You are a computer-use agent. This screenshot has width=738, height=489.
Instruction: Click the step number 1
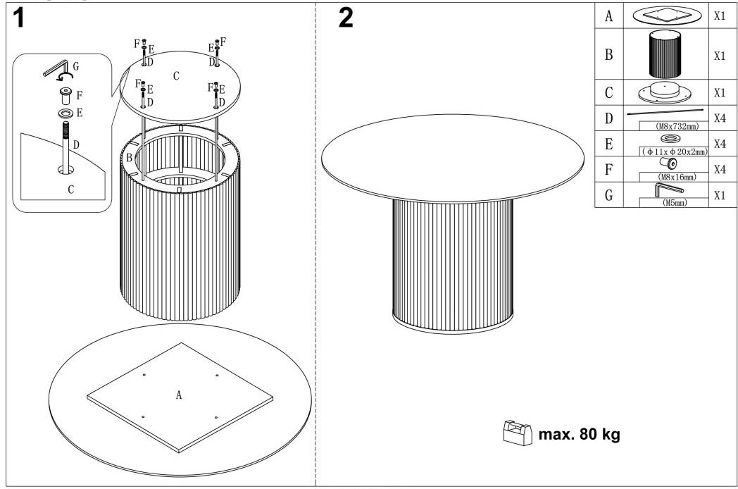click(18, 18)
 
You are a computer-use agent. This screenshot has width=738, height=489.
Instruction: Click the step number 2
click(346, 18)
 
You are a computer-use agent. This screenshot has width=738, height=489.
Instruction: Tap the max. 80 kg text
click(579, 434)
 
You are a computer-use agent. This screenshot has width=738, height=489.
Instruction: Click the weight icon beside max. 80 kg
click(518, 433)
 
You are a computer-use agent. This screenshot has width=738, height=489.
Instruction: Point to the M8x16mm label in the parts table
click(677, 177)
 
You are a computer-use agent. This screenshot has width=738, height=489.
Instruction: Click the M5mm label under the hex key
click(675, 202)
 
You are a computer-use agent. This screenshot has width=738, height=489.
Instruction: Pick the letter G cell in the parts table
click(608, 194)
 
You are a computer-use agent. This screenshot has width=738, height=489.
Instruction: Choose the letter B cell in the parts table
click(608, 55)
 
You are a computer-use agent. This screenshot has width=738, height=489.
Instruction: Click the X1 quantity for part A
click(720, 16)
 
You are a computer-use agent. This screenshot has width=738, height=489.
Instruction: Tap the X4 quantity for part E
click(720, 144)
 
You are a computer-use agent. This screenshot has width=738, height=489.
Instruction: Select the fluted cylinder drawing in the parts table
click(665, 54)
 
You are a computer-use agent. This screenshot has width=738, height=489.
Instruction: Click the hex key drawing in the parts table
click(668, 189)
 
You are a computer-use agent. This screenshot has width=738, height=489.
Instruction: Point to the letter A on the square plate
click(179, 395)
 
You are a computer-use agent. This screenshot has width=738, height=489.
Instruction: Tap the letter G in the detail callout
click(75, 66)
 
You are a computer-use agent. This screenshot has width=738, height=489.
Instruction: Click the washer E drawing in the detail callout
click(65, 113)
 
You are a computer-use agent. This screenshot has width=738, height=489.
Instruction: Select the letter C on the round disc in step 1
click(176, 76)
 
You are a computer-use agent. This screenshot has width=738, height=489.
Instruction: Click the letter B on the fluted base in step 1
click(129, 157)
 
